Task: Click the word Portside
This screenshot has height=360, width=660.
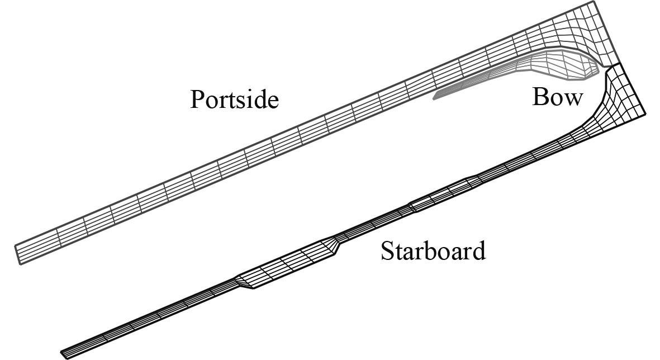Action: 234,100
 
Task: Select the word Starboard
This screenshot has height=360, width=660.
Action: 433,251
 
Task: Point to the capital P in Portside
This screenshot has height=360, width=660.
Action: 196,100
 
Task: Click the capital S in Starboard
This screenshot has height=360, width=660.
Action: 387,251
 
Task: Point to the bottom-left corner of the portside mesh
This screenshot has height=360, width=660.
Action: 21,264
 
